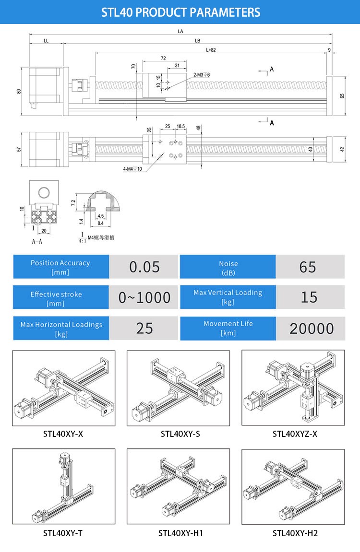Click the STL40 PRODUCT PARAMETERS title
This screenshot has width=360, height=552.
click(x=180, y=12)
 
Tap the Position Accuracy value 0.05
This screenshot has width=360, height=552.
click(x=144, y=267)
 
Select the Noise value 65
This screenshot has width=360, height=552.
click(x=307, y=267)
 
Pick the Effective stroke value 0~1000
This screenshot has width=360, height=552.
click(x=144, y=297)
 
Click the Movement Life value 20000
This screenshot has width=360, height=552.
click(x=312, y=329)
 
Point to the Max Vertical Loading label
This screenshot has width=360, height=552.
click(x=228, y=297)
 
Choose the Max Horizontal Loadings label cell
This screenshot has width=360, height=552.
click(x=61, y=329)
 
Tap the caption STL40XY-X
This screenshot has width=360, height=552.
click(x=63, y=435)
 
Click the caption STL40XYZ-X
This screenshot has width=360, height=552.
click(x=295, y=435)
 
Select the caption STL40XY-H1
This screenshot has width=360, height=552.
click(x=180, y=533)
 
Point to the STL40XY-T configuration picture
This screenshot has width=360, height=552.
click(x=63, y=486)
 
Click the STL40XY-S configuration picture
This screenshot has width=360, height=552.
click(x=178, y=388)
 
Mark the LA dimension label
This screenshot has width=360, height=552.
click(x=180, y=31)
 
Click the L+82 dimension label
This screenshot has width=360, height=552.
click(x=211, y=50)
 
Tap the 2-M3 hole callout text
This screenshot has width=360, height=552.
click(x=202, y=75)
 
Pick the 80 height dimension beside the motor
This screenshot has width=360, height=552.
click(x=18, y=91)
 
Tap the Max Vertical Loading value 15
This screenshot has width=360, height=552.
click(x=309, y=297)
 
